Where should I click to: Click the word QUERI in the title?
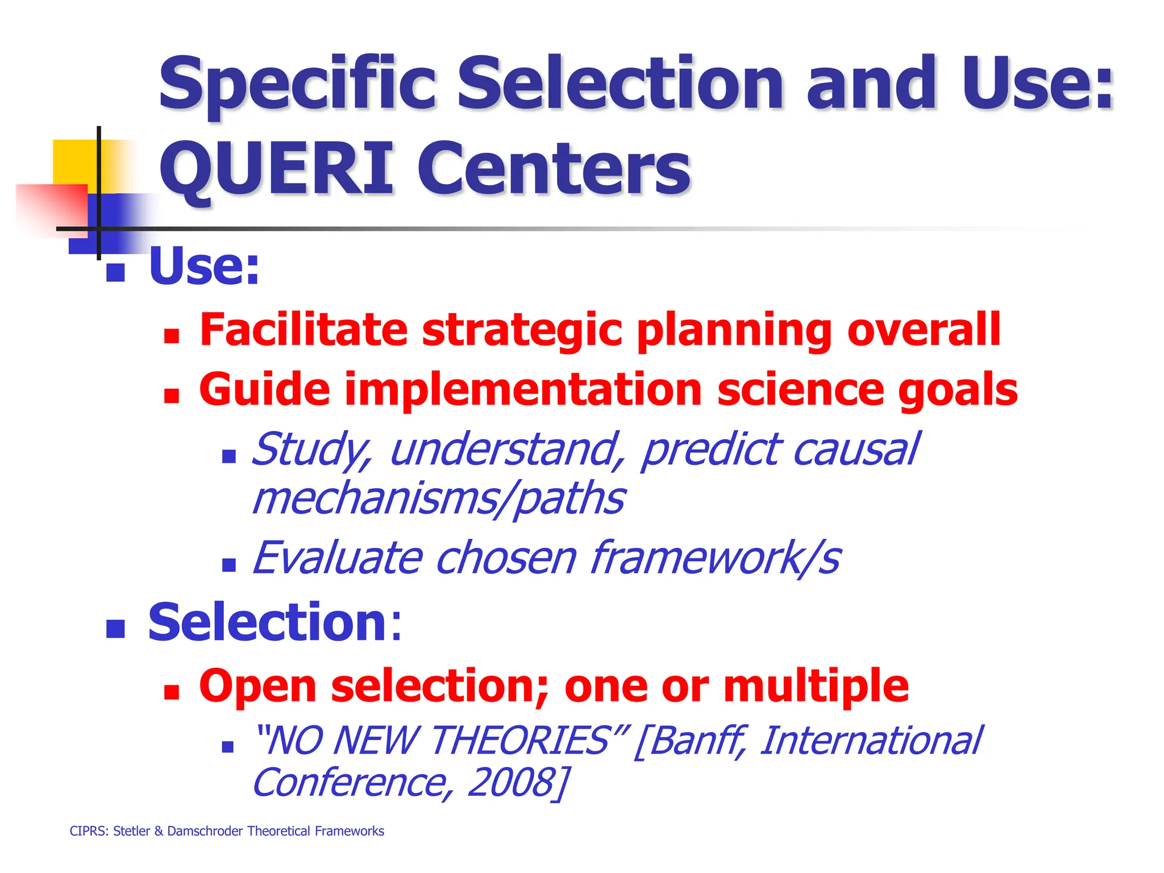(276, 169)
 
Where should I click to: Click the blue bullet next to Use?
(115, 273)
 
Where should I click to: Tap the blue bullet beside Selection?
(115, 629)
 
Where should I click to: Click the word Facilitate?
(304, 330)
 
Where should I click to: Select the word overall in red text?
(924, 330)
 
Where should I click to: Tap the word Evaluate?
(338, 558)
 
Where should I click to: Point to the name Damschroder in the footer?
(206, 832)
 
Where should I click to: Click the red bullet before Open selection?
(171, 692)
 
